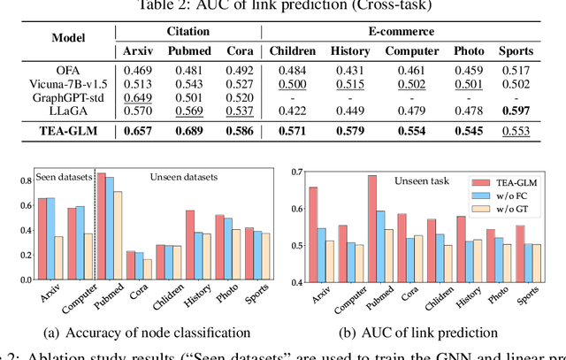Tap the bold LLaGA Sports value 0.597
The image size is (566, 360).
[516, 97]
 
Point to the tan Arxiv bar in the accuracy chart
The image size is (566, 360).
[58, 249]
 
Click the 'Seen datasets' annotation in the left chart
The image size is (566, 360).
[63, 177]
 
